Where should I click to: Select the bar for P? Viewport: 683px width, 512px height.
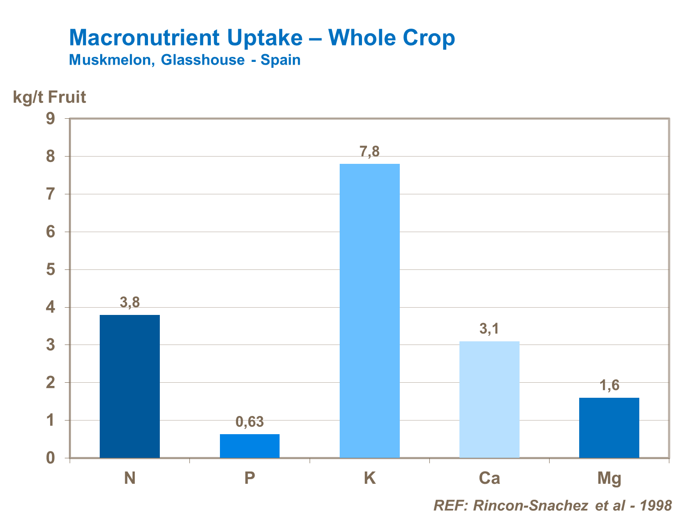250,446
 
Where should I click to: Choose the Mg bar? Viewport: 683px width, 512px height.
609,427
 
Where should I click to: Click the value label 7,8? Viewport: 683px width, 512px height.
370,152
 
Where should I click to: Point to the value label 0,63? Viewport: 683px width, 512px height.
250,422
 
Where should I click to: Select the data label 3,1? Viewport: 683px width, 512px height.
489,329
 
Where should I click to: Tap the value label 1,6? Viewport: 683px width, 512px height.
609,385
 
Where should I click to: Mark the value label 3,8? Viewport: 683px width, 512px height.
130,302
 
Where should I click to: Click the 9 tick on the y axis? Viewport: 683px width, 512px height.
50,119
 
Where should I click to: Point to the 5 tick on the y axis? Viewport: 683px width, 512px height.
50,270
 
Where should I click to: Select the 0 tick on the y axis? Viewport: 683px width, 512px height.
50,458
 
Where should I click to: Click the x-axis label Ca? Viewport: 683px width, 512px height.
489,478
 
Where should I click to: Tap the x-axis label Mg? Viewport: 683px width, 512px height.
609,479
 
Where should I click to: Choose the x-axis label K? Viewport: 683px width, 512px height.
370,478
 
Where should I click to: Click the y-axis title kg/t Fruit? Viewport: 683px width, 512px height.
49,97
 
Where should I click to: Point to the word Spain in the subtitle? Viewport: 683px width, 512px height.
280,60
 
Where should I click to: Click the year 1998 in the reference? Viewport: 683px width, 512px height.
656,505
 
